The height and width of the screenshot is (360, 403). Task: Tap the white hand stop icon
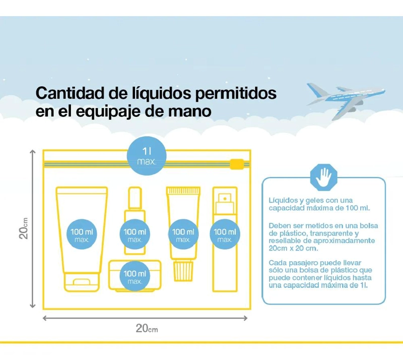coord(323,177)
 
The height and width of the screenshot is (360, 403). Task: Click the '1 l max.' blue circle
coord(147,156)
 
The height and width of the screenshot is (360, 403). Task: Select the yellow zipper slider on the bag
coord(237,164)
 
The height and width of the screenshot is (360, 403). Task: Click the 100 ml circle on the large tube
coord(82,234)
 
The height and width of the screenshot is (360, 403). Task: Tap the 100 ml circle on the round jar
coord(135,276)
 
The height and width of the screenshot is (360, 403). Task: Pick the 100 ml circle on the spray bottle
coord(225,234)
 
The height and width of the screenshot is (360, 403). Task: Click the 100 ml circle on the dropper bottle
coord(135,234)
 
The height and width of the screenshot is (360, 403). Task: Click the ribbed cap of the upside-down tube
coord(183,271)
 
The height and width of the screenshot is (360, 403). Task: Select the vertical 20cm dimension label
coord(23,228)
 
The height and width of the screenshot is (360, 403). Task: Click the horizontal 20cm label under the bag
coord(147,328)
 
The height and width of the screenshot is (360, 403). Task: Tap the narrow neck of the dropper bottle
coord(135,199)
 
